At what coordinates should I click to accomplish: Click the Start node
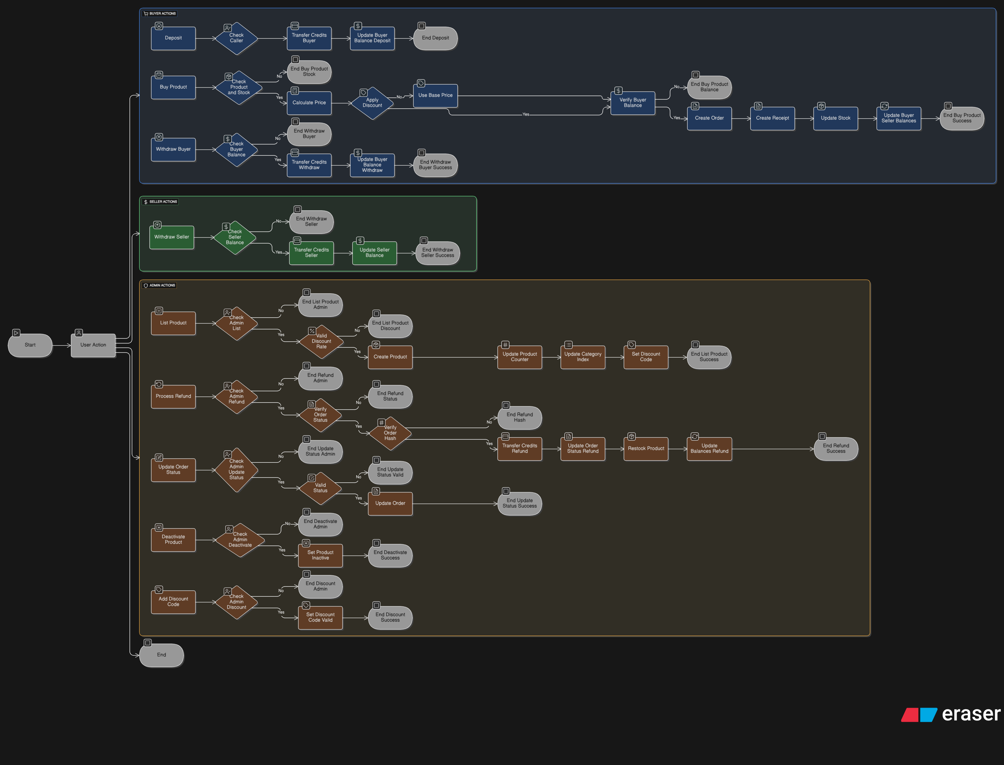point(30,345)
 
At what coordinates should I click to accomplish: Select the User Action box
point(93,345)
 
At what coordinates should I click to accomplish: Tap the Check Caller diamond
point(236,38)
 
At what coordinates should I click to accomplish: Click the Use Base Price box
point(435,96)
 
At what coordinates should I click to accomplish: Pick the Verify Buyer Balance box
point(633,103)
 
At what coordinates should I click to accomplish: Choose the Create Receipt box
point(772,118)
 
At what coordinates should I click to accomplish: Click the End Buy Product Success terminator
point(962,118)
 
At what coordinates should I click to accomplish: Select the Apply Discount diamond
point(372,103)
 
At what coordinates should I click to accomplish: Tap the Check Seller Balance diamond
point(235,237)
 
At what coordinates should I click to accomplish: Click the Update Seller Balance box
point(374,253)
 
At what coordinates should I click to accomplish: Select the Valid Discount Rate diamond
point(321,342)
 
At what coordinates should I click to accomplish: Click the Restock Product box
point(646,449)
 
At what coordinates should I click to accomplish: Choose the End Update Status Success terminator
point(519,503)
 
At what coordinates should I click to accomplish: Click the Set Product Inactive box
point(320,555)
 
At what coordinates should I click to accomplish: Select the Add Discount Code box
point(173,602)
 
